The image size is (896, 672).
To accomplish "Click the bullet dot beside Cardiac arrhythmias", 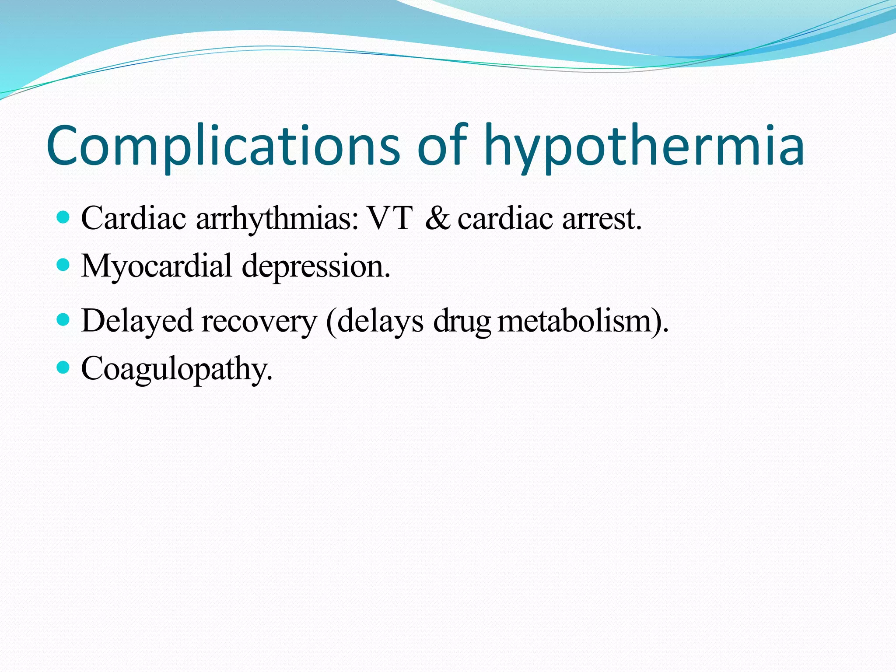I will point(63,217).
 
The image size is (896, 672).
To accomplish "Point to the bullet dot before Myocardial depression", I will point(63,265).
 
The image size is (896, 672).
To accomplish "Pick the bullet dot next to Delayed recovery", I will point(63,320).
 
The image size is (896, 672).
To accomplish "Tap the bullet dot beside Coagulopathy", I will point(63,367).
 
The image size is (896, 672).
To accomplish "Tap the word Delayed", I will point(137,321).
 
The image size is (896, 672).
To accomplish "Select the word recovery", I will point(259,321).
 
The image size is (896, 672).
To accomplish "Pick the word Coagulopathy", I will point(177,369).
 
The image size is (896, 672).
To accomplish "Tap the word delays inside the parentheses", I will point(380,321).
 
